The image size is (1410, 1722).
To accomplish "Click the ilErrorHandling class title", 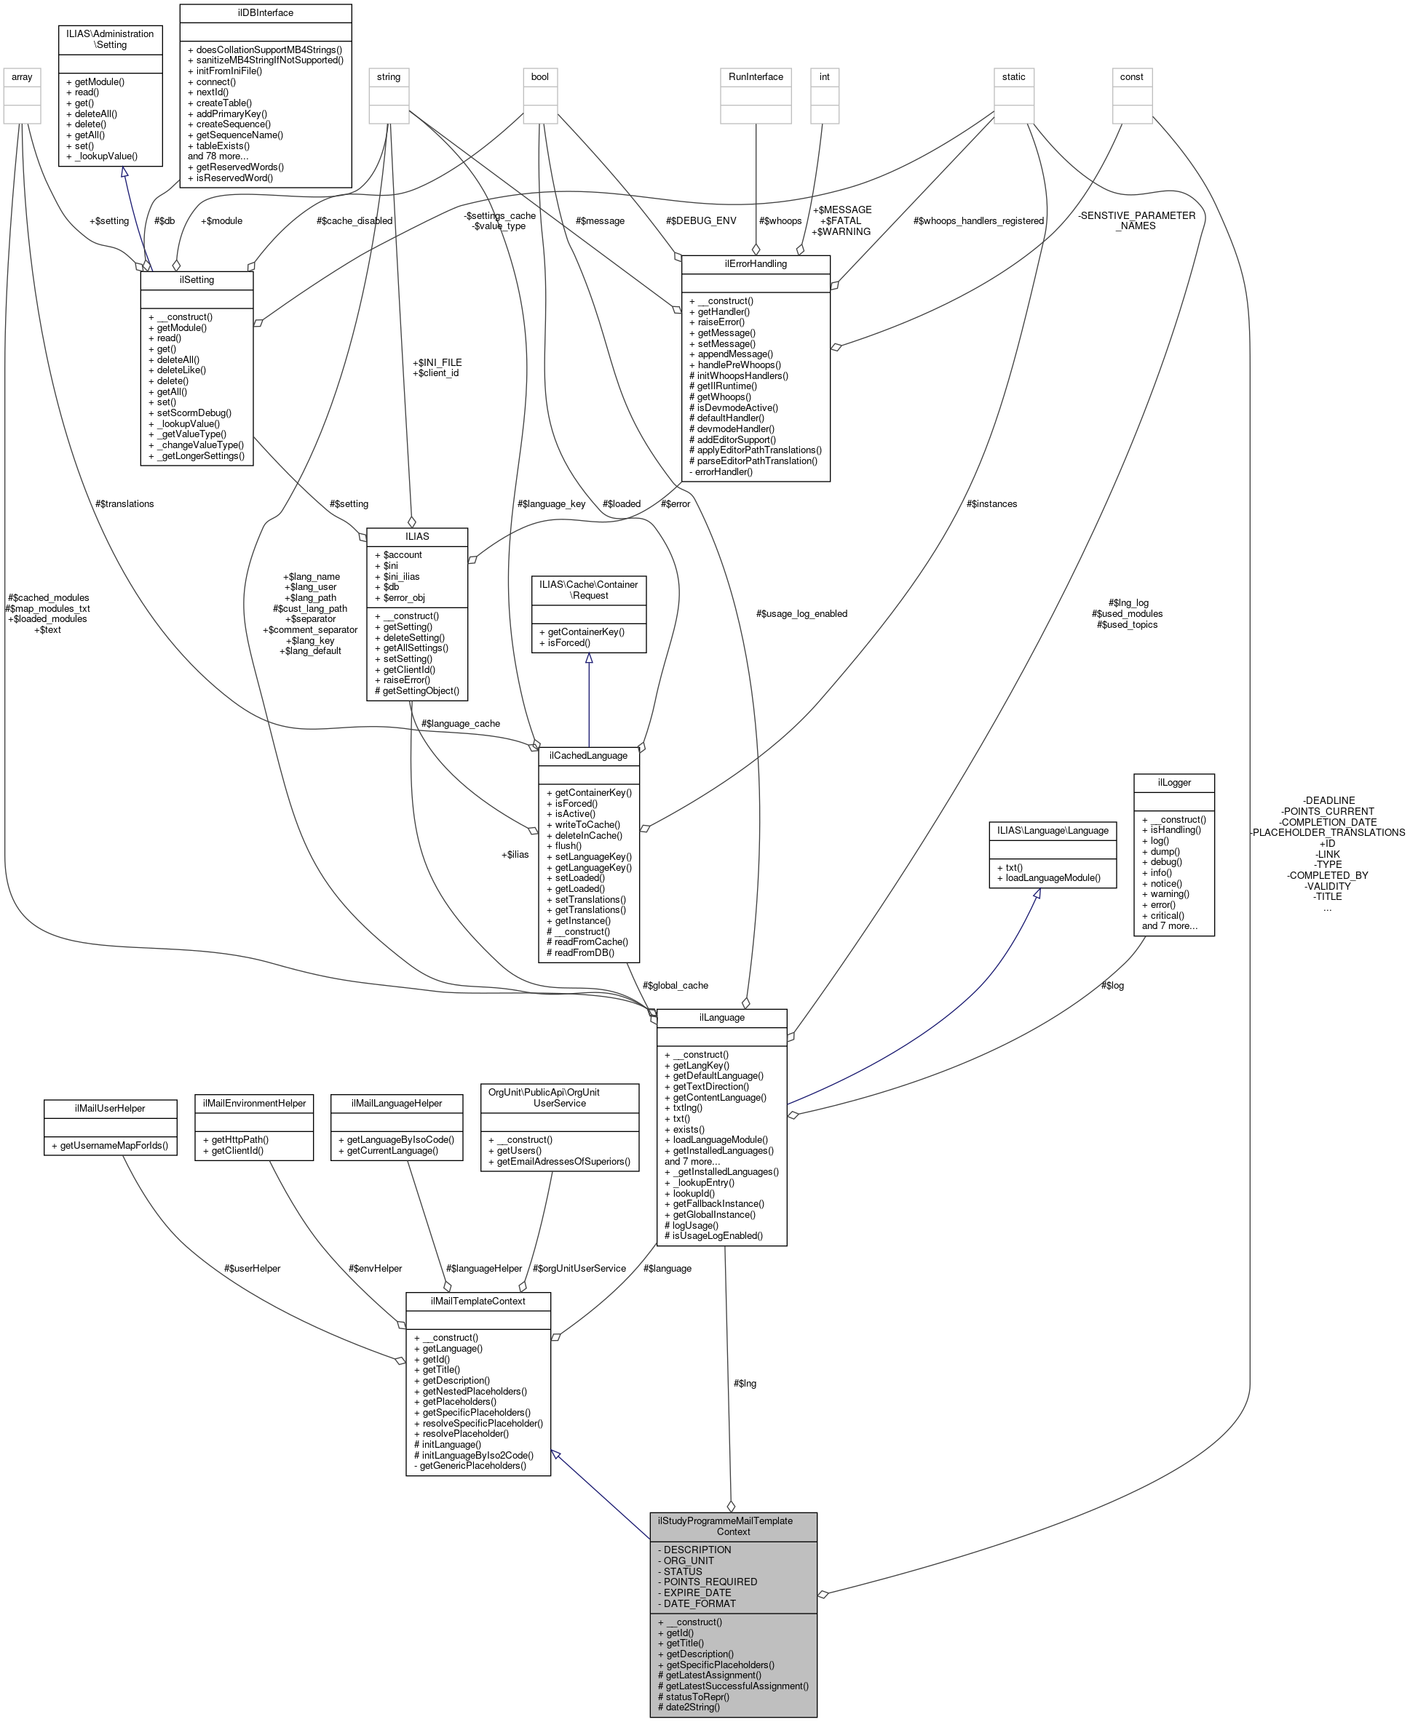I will (756, 264).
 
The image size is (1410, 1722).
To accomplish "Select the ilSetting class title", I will (197, 280).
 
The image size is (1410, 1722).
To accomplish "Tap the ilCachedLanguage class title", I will (588, 756).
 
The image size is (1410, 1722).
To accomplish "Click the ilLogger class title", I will (1173, 783).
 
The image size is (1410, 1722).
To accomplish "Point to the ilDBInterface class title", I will (265, 13).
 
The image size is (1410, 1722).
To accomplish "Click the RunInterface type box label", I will (756, 77).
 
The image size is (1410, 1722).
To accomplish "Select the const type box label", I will (1130, 77).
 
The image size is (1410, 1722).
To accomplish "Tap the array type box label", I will (22, 77).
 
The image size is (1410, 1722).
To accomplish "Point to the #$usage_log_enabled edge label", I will (801, 614).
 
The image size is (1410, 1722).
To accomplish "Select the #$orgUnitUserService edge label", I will (579, 1268).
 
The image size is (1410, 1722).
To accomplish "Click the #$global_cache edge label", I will (674, 986).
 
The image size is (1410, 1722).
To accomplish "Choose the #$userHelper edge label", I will (252, 1268).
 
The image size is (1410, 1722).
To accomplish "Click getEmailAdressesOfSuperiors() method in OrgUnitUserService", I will (559, 1161).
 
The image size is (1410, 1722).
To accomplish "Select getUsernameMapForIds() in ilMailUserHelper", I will (110, 1146).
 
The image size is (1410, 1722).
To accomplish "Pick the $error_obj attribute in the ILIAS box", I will (399, 597).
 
